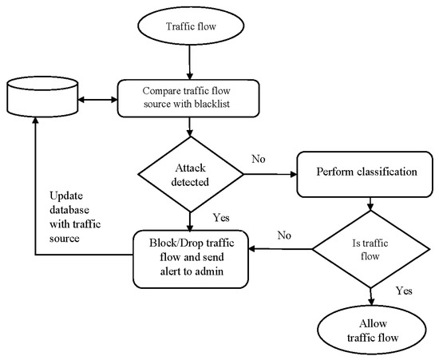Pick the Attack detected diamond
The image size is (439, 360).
click(189, 171)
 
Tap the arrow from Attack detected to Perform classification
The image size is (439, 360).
click(270, 171)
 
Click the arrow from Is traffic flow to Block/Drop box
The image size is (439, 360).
click(279, 250)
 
